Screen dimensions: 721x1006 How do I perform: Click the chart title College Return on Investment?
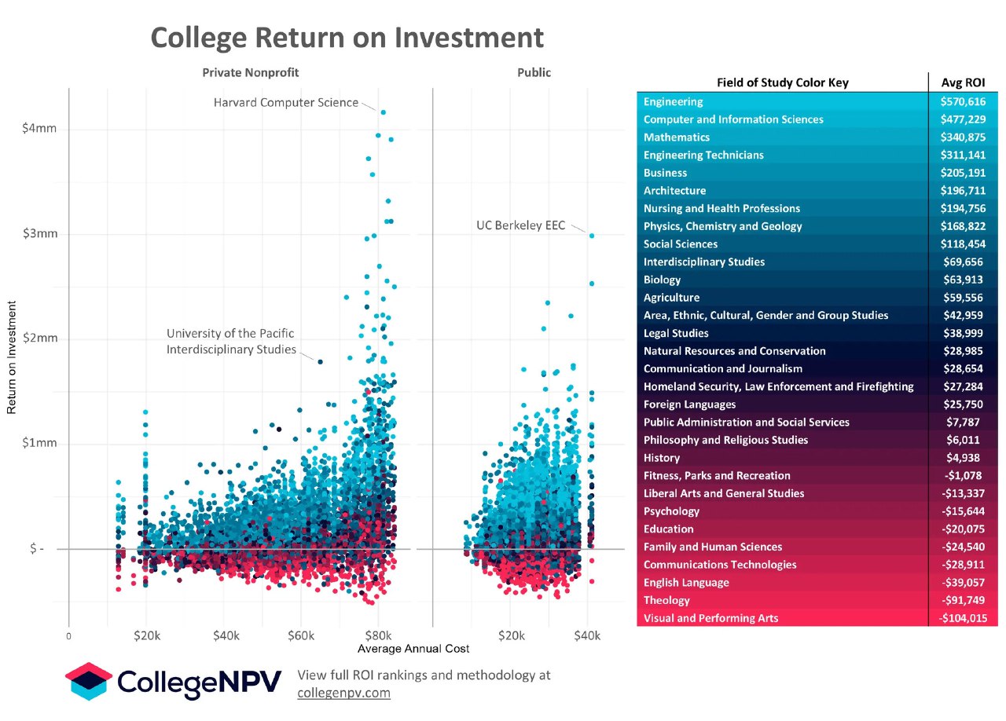click(347, 37)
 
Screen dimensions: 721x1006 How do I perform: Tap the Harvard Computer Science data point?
click(383, 112)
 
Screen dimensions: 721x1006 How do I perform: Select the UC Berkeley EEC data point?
click(592, 236)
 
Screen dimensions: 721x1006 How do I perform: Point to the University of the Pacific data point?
click(320, 361)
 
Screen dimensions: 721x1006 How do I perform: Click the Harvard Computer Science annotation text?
click(285, 102)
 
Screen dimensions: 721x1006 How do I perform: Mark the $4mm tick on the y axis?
click(39, 129)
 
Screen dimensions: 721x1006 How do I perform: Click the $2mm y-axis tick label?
click(39, 339)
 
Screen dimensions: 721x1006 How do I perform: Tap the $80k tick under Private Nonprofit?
click(378, 635)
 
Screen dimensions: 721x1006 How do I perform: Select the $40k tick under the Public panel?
click(586, 635)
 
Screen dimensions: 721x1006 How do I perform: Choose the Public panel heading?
click(534, 72)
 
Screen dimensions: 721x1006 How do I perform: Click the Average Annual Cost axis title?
click(413, 649)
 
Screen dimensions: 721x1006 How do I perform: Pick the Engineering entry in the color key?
click(674, 102)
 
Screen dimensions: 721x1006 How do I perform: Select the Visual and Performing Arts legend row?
click(710, 618)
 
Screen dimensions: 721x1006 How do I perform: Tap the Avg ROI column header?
click(964, 82)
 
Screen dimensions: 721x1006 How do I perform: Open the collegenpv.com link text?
click(343, 693)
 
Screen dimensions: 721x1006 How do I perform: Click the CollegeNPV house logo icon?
click(89, 681)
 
